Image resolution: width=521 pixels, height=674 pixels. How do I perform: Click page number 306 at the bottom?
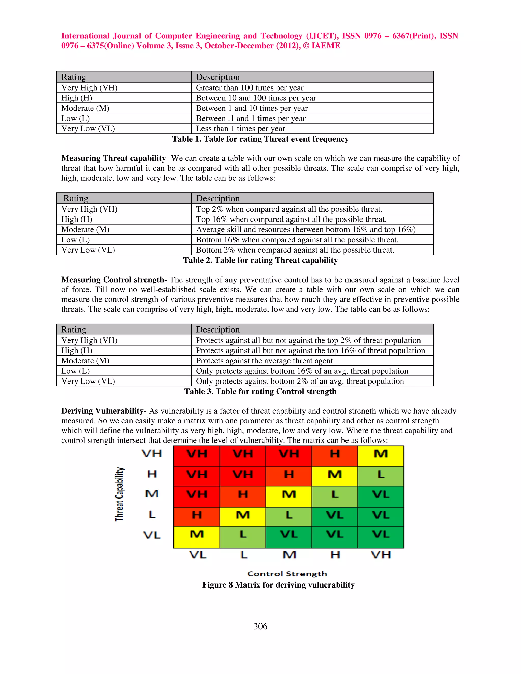click(260, 626)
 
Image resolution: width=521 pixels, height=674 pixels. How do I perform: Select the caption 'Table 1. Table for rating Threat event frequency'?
click(260, 139)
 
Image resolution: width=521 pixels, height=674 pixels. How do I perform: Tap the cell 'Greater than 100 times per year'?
click(250, 88)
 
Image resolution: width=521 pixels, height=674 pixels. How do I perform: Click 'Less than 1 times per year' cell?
click(240, 128)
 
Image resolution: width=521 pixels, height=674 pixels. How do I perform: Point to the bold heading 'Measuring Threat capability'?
click(113, 158)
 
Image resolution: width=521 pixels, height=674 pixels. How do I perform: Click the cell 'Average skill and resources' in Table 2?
click(306, 229)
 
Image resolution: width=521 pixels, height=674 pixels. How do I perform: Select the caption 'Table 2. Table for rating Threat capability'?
click(260, 260)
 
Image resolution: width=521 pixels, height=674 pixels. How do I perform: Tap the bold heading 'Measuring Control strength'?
click(112, 280)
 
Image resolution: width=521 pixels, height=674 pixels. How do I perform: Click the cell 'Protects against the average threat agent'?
click(264, 360)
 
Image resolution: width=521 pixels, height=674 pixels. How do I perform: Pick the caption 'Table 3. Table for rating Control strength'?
click(260, 391)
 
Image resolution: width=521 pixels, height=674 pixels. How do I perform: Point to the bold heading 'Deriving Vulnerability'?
click(102, 411)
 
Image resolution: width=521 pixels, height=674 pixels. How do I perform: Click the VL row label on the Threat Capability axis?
click(152, 535)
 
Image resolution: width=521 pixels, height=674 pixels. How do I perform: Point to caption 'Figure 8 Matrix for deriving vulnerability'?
click(278, 585)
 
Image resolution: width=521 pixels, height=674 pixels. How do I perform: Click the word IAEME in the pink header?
click(326, 46)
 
